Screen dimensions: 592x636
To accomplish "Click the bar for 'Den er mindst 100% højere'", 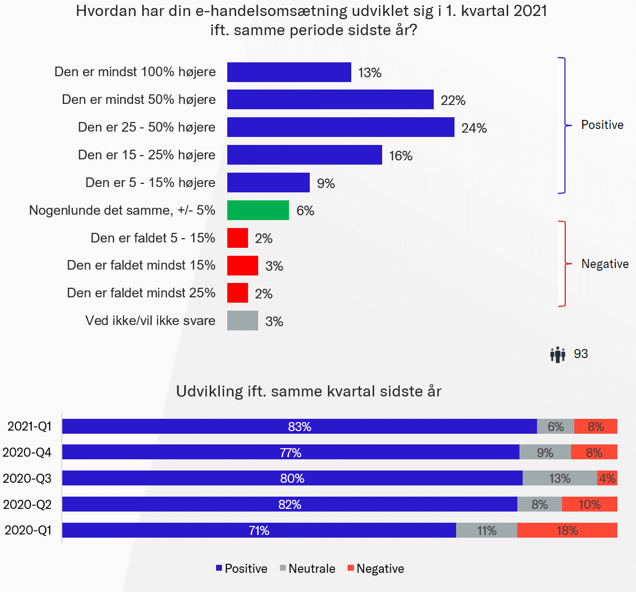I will point(289,72).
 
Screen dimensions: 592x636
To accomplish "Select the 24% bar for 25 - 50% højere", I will point(341,127).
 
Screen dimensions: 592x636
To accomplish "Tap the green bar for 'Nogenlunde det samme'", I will point(258,210).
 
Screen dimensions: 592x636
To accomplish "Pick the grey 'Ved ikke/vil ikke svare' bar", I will point(243,321).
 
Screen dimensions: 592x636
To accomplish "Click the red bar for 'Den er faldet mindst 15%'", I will point(243,265).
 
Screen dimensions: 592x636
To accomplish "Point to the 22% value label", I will point(453,100).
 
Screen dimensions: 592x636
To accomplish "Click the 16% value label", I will point(401,156).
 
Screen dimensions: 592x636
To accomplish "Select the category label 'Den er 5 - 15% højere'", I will point(151,183).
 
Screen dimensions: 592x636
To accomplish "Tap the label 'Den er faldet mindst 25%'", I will point(141,293).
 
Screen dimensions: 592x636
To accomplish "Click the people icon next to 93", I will point(557,354).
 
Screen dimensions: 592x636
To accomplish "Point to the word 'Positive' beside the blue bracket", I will point(602,125).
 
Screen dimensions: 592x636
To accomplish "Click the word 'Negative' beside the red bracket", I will point(605,264).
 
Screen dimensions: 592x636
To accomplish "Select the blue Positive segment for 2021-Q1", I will point(300,426).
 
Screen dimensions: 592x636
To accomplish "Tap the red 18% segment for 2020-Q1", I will point(567,530).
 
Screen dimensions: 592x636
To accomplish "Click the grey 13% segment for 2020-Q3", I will point(559,478).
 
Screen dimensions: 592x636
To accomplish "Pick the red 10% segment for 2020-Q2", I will point(589,504).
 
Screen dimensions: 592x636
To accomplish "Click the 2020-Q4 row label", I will point(27,452).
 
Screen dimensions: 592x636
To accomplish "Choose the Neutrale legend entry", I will point(308,569).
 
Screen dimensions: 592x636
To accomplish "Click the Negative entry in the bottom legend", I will point(376,569).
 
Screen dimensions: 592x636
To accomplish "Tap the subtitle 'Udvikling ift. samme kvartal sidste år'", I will point(309,391).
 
